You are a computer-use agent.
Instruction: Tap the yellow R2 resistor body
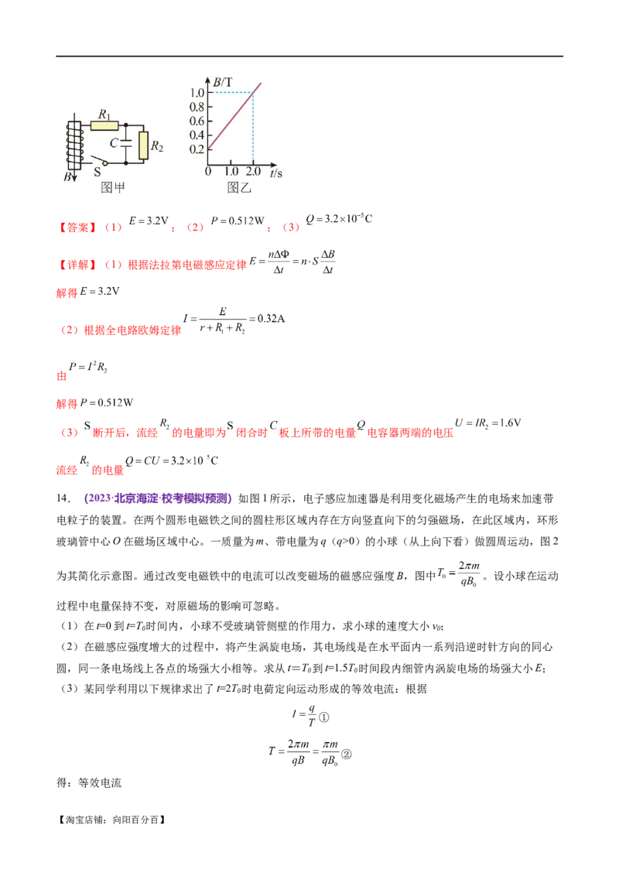[x=143, y=145]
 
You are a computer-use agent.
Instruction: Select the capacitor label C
[x=114, y=143]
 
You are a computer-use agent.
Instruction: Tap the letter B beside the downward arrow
[x=67, y=177]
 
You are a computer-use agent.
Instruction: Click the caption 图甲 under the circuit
[x=113, y=186]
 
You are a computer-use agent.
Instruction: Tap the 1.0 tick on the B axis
[x=197, y=93]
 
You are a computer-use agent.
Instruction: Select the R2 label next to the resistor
[x=156, y=145]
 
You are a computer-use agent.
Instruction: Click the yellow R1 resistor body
[x=104, y=124]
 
